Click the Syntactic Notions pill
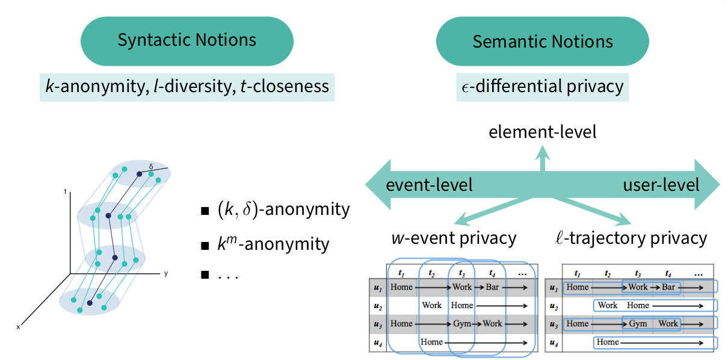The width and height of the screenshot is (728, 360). (x=187, y=41)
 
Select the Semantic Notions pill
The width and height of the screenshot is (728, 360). (x=542, y=41)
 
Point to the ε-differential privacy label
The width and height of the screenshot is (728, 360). (x=542, y=86)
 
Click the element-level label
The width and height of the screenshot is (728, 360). (x=542, y=132)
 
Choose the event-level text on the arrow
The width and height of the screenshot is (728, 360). (x=429, y=184)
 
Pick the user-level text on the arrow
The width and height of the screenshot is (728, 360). (x=661, y=184)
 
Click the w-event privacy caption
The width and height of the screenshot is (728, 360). (x=453, y=238)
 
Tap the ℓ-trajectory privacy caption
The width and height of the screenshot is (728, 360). (x=630, y=238)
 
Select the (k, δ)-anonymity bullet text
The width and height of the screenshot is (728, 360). (x=283, y=209)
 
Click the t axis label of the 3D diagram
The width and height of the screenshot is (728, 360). (x=65, y=192)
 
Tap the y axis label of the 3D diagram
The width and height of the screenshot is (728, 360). (x=165, y=273)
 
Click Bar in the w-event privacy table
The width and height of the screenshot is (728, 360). (x=492, y=287)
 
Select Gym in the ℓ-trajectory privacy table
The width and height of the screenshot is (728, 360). (x=638, y=324)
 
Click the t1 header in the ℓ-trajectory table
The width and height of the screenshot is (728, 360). (x=577, y=273)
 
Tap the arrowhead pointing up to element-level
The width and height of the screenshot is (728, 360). (x=543, y=151)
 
